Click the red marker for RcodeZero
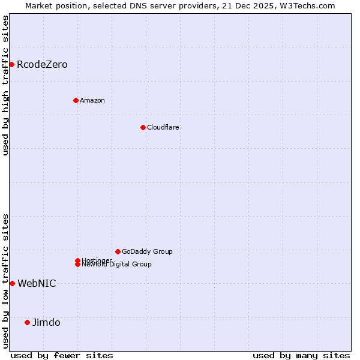tap(11, 64)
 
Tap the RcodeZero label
tap(42, 64)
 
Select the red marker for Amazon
tap(76, 100)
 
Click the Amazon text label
tap(92, 100)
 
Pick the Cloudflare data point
tap(143, 127)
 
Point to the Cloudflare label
tap(163, 127)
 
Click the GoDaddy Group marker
tap(118, 251)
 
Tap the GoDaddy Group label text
tap(147, 251)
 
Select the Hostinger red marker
tap(77, 260)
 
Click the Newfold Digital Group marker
tap(78, 265)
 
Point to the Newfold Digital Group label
tap(117, 265)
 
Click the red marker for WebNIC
tap(12, 283)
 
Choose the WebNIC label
tap(37, 283)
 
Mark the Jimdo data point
tap(27, 322)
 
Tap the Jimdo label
tap(46, 322)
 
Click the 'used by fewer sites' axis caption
tap(62, 355)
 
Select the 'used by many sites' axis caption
tap(301, 355)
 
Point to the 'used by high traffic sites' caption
tap(5, 85)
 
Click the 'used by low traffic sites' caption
tap(5, 281)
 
